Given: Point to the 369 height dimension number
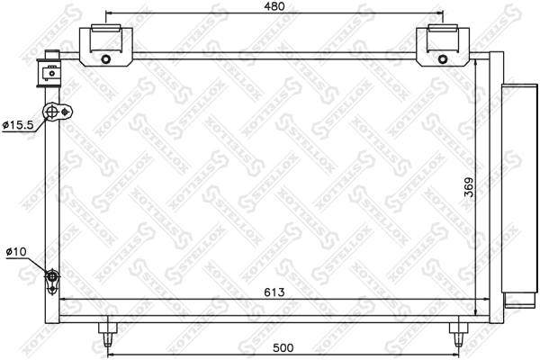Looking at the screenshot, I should point(469,187).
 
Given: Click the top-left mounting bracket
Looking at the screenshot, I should point(106,47).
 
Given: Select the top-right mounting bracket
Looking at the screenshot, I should point(443,47).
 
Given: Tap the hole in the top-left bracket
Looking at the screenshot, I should point(106,60).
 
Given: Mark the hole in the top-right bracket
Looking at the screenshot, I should point(443,60).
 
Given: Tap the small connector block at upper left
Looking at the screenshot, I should point(49,70).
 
